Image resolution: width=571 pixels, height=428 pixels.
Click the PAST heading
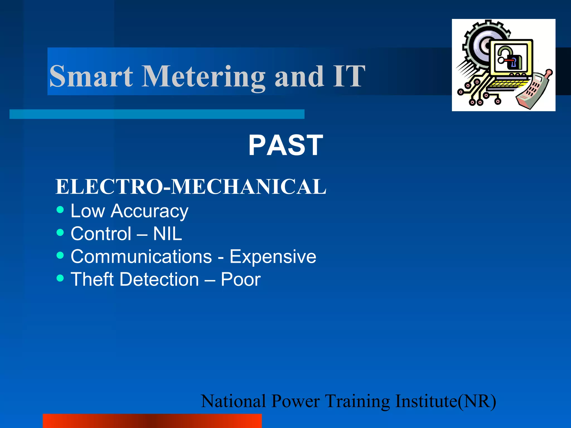(x=285, y=145)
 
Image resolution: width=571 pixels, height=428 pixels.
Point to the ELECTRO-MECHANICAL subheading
(x=191, y=186)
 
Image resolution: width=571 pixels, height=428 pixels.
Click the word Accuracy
(x=149, y=211)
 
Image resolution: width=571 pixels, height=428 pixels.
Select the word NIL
(x=168, y=234)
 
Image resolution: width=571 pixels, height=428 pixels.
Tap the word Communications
(x=141, y=256)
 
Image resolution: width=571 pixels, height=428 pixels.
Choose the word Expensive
(x=273, y=256)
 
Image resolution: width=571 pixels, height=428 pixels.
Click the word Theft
(x=92, y=279)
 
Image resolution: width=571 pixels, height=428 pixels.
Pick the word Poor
(x=241, y=279)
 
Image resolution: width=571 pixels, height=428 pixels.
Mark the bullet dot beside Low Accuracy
(x=60, y=210)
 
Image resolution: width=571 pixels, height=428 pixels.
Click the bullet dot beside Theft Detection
(x=60, y=278)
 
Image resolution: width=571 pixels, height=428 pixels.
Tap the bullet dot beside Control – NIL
(x=60, y=232)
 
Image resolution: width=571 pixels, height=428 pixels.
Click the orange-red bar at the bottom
(x=152, y=421)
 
